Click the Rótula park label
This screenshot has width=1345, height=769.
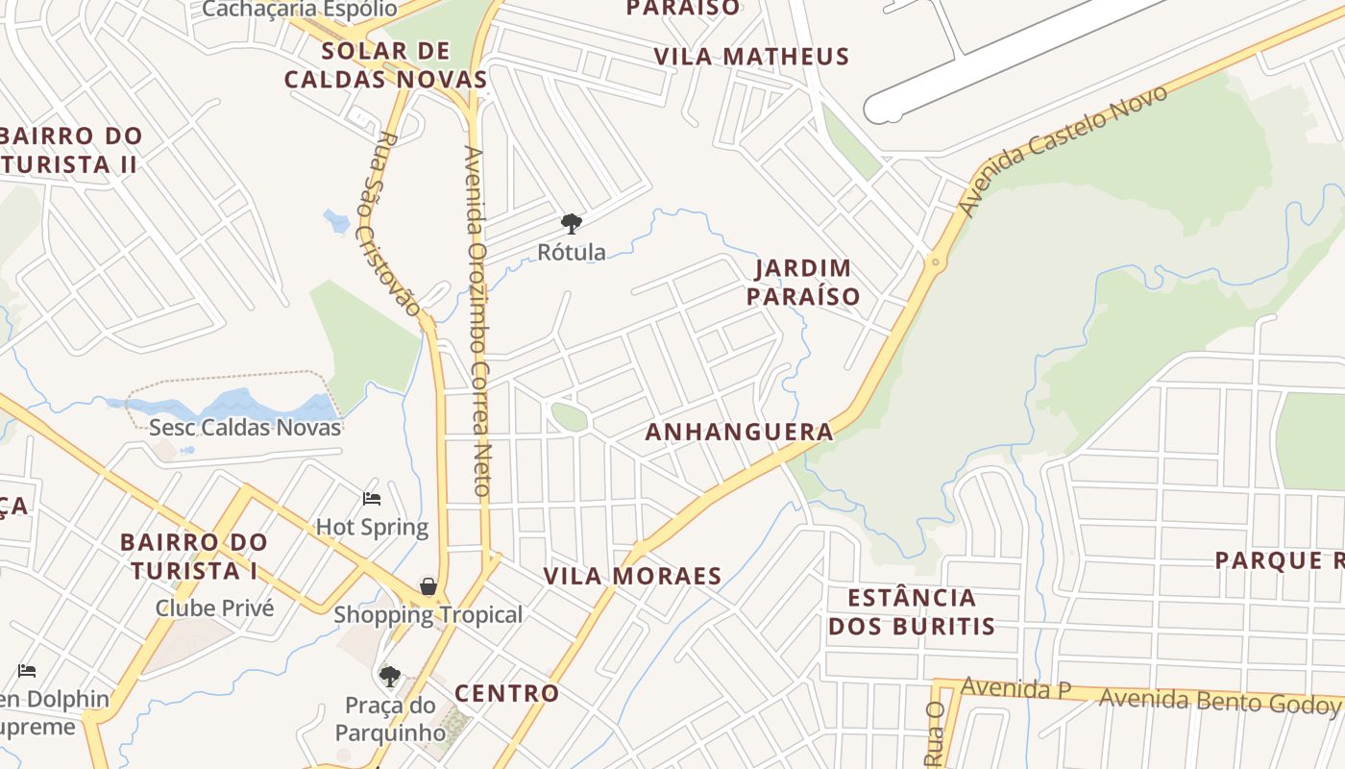click(572, 253)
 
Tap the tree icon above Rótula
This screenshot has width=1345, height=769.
click(572, 225)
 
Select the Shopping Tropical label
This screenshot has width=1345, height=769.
click(428, 615)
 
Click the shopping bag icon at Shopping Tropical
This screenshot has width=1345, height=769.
click(428, 586)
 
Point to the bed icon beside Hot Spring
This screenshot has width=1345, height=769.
click(372, 499)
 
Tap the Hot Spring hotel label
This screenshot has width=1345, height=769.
click(372, 527)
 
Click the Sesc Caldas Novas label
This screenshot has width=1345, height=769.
click(245, 427)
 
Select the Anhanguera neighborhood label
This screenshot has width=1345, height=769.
click(739, 433)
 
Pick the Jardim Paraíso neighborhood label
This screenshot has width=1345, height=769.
click(803, 282)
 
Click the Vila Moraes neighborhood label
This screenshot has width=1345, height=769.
click(632, 577)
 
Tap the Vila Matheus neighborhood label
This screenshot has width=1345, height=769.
click(751, 57)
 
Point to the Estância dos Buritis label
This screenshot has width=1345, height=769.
click(912, 612)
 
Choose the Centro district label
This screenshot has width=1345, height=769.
click(506, 693)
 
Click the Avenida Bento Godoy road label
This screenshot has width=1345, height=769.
click(1218, 701)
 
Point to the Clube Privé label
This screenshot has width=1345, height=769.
click(214, 608)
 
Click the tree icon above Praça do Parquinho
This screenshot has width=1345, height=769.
click(389, 677)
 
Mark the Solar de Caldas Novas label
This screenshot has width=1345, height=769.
click(385, 64)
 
